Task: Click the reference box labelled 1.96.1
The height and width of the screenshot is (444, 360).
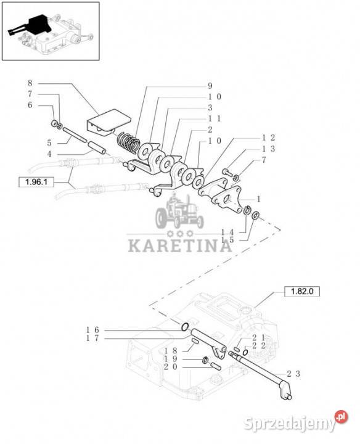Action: [36, 182]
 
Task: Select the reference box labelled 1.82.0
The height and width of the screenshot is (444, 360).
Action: [302, 291]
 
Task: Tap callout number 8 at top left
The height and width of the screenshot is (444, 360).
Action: [30, 83]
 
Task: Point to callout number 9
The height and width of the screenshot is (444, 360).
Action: [210, 86]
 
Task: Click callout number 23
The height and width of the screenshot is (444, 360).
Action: [293, 374]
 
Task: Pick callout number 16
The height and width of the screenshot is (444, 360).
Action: [92, 330]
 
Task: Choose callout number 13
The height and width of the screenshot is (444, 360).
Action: [268, 149]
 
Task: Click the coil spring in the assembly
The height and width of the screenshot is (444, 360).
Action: [128, 142]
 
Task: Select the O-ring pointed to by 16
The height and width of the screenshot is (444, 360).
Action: [184, 327]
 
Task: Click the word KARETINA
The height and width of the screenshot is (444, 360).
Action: [180, 245]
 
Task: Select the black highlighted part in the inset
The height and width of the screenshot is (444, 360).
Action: [31, 25]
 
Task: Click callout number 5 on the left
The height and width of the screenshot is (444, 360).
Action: [49, 143]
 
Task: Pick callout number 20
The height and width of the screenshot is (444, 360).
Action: [171, 367]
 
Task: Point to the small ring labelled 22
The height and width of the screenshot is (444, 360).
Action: [245, 352]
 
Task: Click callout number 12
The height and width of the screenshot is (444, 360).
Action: [268, 138]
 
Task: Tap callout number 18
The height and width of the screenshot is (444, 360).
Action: [171, 351]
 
